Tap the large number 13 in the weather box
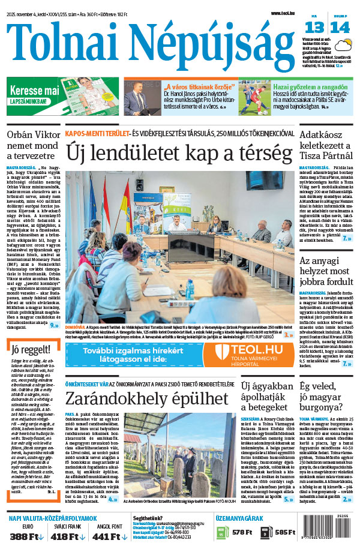(x=314, y=28)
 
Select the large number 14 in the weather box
(x=340, y=28)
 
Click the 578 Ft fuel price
(x=241, y=532)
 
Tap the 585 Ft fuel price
(x=286, y=532)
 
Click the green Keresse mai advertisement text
(x=34, y=91)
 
